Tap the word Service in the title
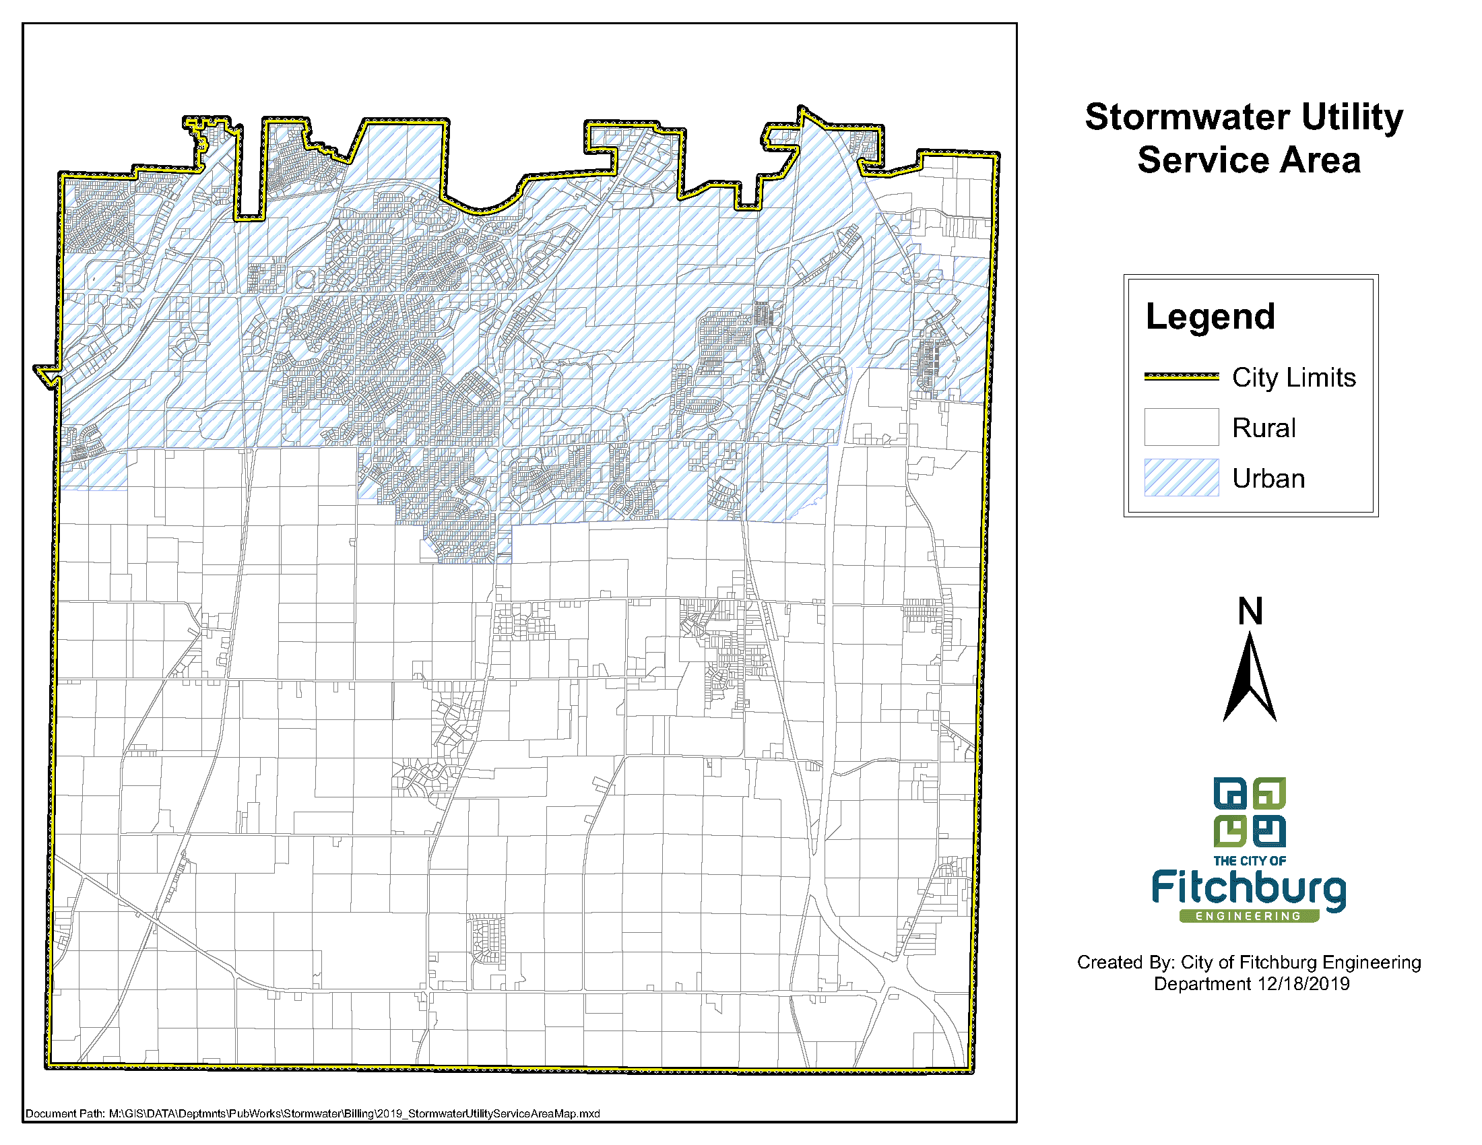tap(1193, 161)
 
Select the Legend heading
tap(1210, 317)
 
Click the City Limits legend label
tap(1293, 377)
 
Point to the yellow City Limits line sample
tap(1182, 377)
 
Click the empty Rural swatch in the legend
tap(1182, 426)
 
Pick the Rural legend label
tap(1264, 428)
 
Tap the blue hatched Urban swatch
tap(1182, 478)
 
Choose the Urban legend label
tap(1268, 479)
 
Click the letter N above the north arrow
tap(1250, 611)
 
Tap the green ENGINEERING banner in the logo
tap(1248, 916)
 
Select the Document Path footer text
tap(312, 1113)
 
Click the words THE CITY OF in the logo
tap(1249, 861)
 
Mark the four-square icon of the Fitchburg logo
tap(1249, 812)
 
